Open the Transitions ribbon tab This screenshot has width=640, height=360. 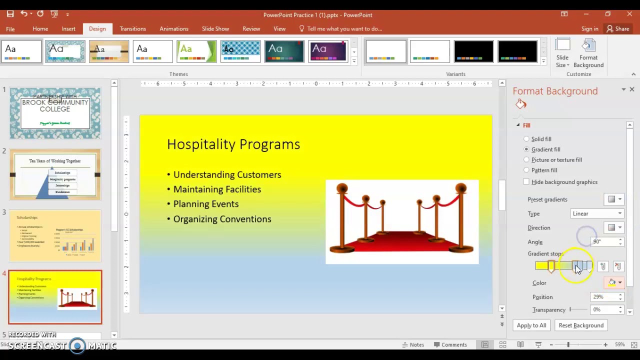(132, 29)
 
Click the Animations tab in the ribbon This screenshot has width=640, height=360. (174, 29)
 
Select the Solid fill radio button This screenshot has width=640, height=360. (526, 139)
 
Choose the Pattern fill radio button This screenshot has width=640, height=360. (526, 170)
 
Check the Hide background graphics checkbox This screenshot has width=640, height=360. (526, 182)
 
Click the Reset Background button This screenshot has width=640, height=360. (581, 325)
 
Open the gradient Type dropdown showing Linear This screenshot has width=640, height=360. (597, 213)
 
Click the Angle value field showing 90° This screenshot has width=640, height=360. (604, 241)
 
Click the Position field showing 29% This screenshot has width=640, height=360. (604, 297)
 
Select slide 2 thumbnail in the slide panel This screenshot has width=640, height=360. (55, 174)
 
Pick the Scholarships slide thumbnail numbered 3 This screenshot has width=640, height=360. (55, 236)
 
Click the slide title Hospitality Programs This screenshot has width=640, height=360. (233, 144)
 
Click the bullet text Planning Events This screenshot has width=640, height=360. (206, 204)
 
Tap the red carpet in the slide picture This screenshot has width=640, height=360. (402, 242)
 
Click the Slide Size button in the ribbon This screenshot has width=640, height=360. (562, 54)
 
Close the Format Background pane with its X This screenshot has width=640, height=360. (632, 89)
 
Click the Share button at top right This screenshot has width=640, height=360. (618, 29)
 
